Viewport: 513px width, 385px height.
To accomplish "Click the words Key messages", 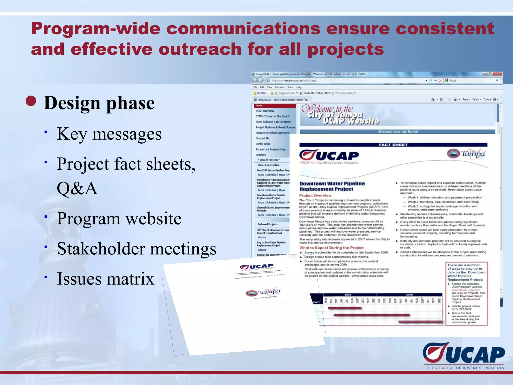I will pyautogui.click(x=109, y=134).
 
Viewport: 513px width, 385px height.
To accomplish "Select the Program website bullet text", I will pyautogui.click(x=119, y=218).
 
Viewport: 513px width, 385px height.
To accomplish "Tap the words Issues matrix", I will pyautogui.click(x=105, y=279).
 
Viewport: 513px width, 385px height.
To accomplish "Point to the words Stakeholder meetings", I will pyautogui.click(x=137, y=249).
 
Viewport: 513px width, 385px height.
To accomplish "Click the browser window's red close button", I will pyautogui.click(x=497, y=74).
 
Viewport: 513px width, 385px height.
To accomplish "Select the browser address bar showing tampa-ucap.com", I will pyautogui.click(x=346, y=80).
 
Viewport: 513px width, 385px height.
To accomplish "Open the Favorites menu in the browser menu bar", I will pyautogui.click(x=280, y=87).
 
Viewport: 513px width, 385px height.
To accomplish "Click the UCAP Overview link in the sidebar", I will pyautogui.click(x=265, y=111).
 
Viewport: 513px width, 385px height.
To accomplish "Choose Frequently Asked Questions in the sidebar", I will pyautogui.click(x=272, y=133).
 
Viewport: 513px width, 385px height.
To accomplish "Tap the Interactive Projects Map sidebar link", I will pyautogui.click(x=270, y=149).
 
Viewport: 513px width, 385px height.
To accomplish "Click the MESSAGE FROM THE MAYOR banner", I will pyautogui.click(x=398, y=132).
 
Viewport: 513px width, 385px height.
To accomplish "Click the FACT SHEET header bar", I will pyautogui.click(x=393, y=145).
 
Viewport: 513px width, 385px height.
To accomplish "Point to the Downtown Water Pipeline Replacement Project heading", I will pyautogui.click(x=332, y=186).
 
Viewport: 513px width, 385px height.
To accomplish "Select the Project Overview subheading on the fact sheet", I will pyautogui.click(x=315, y=196).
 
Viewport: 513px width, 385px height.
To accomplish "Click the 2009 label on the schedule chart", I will pyautogui.click(x=409, y=295).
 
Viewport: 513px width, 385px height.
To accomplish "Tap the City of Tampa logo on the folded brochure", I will pyautogui.click(x=263, y=293).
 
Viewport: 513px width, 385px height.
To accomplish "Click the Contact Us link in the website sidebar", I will pyautogui.click(x=262, y=138).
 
